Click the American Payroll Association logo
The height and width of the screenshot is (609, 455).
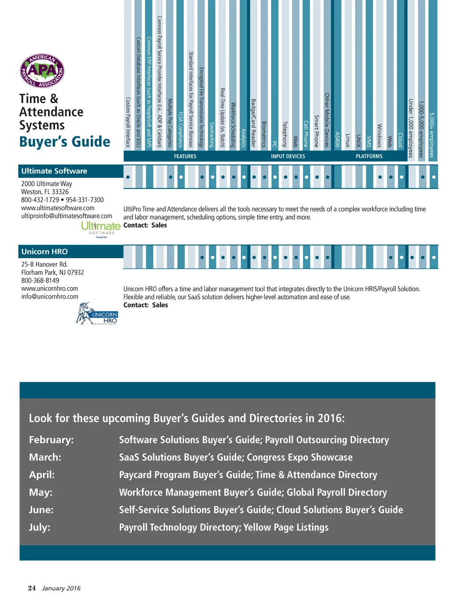tap(42, 71)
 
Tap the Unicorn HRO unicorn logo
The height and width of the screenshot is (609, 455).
tap(97, 314)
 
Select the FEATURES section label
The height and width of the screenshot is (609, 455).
tap(185, 156)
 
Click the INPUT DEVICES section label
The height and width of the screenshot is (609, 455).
tap(288, 156)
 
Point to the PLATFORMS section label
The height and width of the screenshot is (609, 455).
tap(369, 156)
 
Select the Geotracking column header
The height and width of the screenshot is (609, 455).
tap(212, 135)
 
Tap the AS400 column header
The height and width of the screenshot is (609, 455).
tap(338, 139)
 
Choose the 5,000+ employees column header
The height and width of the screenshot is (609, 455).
tap(432, 135)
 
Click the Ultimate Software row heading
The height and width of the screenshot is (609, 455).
tap(54, 171)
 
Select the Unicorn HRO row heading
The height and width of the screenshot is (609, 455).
tap(44, 252)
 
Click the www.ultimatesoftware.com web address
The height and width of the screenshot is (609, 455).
tap(58, 208)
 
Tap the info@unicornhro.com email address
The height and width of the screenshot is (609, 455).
tap(50, 296)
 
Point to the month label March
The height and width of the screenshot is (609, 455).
tap(45, 457)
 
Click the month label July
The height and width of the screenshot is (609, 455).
tap(40, 528)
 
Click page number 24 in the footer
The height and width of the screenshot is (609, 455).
tap(32, 588)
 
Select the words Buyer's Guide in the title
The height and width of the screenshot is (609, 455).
tap(65, 142)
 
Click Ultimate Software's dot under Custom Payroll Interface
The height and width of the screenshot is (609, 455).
tap(128, 177)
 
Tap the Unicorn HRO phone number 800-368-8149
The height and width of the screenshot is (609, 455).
tap(40, 280)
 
